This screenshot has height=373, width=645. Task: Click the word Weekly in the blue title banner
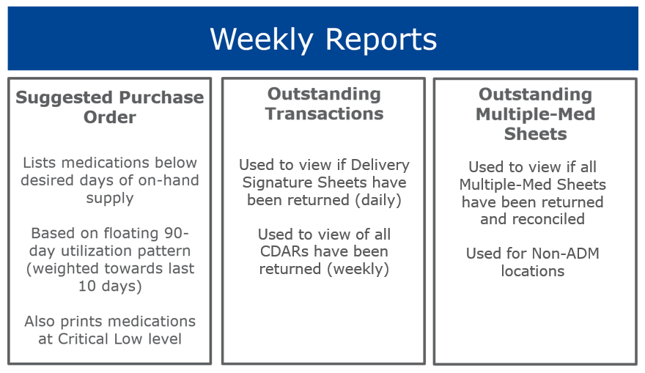[x=262, y=40]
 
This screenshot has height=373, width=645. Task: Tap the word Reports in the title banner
[x=381, y=40]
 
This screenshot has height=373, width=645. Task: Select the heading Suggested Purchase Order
[x=110, y=107]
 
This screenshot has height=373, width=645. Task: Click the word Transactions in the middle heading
[x=324, y=114]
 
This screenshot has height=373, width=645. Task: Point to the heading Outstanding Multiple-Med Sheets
[x=535, y=114]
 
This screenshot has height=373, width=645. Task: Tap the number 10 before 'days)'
[x=86, y=287]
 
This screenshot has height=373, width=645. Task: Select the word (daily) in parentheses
[x=378, y=200]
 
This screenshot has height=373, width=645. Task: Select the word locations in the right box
[x=533, y=271]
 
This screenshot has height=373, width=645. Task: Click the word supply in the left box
[x=110, y=199]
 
